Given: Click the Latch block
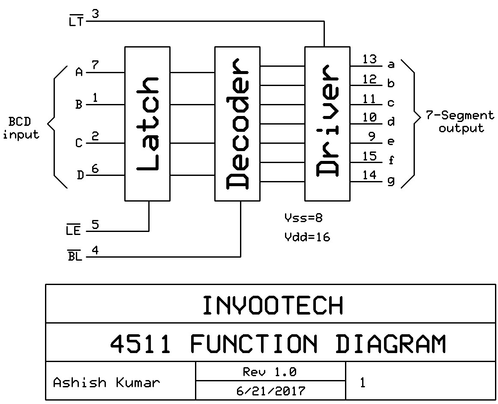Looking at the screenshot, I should [147, 123].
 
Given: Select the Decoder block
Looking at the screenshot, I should [237, 123].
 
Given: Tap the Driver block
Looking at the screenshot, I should [327, 123].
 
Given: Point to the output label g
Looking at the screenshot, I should [391, 181].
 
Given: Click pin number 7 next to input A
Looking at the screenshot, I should [95, 65].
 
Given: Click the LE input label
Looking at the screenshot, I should [73, 231].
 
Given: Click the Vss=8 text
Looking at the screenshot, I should [303, 218].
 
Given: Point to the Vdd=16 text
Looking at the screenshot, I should [307, 237].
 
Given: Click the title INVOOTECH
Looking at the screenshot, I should [273, 306].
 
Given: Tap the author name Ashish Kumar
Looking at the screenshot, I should [106, 382].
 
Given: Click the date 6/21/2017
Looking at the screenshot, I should [270, 391].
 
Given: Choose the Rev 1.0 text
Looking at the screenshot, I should [270, 372].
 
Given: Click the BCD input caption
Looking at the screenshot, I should [21, 128].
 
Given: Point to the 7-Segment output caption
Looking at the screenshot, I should [460, 122].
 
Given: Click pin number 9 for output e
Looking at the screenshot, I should [372, 137].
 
